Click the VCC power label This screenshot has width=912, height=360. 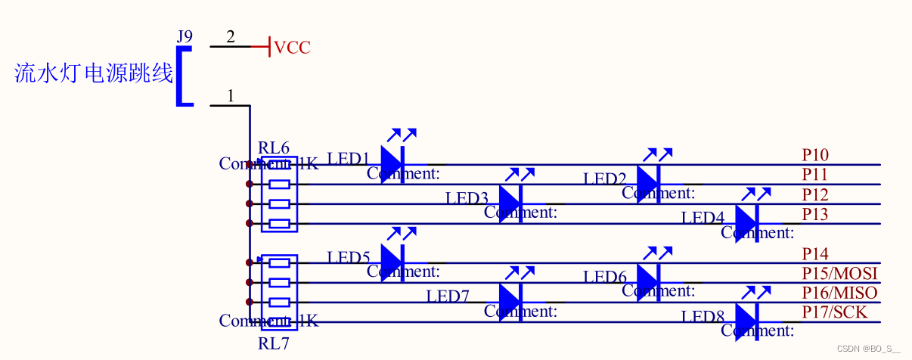pos(292,48)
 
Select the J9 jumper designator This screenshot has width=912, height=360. pos(185,36)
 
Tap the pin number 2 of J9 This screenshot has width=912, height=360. pos(231,37)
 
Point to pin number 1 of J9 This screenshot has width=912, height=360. pos(231,96)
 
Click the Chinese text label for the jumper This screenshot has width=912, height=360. pos(94,73)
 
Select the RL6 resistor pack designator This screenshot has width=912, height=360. pos(274,147)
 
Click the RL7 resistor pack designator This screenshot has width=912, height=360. pos(274,344)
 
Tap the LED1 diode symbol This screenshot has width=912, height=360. pos(392,160)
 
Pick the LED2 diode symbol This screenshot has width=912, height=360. pos(648,180)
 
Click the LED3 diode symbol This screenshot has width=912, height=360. pos(510,200)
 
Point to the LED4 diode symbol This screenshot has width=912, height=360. pos(746,220)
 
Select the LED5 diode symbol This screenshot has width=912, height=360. pos(392,259)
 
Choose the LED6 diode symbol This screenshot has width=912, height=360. pos(648,279)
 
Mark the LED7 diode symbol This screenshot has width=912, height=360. pos(510,299)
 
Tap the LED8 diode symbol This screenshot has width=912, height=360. pos(746,318)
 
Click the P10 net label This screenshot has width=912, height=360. pos(815,156)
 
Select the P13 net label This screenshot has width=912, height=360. pos(815,215)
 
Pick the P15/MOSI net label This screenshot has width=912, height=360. pos(839,273)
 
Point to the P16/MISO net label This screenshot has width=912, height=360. pos(839,293)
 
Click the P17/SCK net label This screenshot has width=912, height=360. pos(835,312)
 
